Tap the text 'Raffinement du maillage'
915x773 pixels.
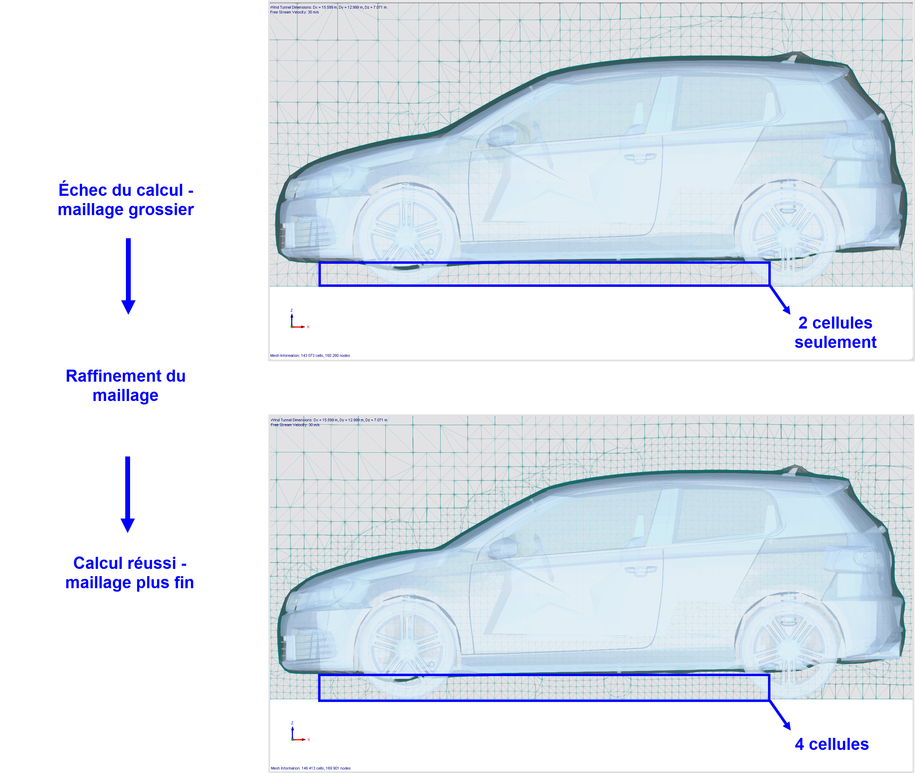126,385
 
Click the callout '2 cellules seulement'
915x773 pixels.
835,332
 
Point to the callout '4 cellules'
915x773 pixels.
832,744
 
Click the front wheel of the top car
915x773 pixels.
407,234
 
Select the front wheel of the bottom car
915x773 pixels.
407,647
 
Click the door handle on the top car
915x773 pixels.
640,157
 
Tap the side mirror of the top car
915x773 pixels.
502,135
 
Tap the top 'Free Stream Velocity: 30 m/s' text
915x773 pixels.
294,12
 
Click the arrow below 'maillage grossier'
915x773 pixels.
128,276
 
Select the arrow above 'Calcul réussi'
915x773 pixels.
128,494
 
